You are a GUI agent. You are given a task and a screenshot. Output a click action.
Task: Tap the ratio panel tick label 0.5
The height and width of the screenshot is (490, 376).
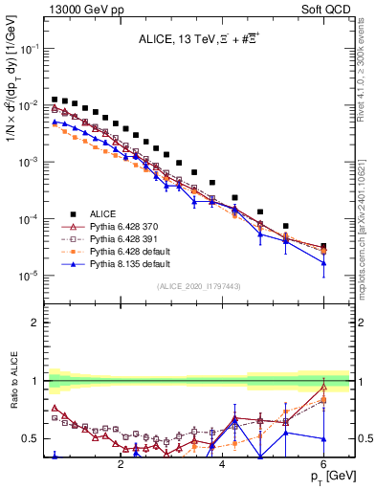33,438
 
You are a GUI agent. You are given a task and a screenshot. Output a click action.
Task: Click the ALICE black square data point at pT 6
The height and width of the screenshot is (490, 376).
323,246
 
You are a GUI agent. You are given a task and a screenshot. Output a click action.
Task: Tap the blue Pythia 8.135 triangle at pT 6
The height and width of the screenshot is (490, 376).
323,263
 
